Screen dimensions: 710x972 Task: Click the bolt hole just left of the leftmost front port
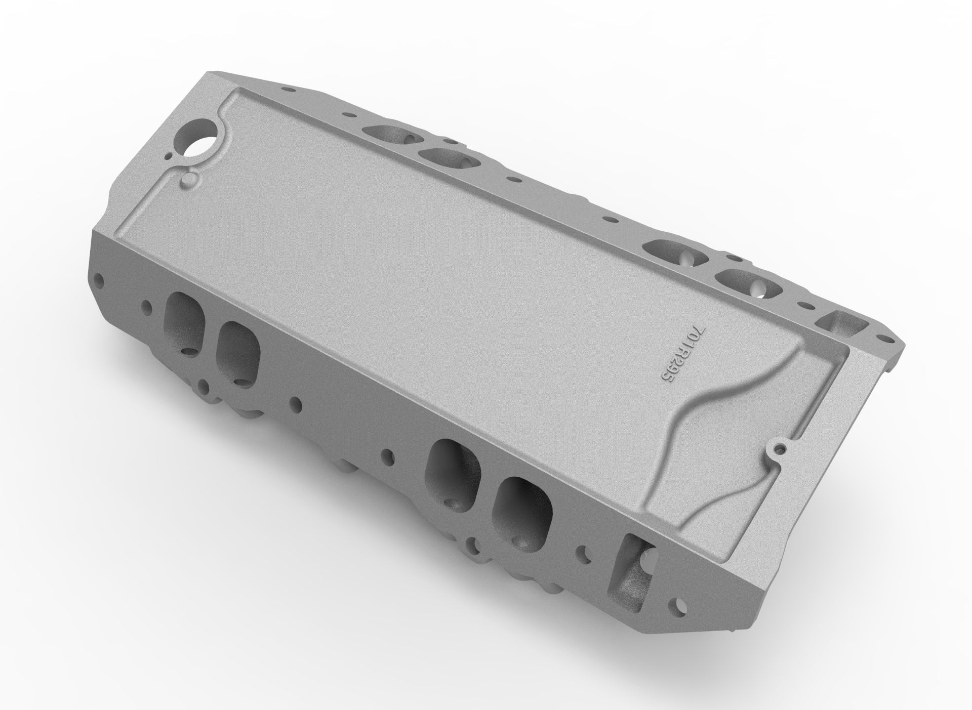pyautogui.click(x=147, y=305)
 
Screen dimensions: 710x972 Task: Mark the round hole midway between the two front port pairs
pyautogui.click(x=387, y=453)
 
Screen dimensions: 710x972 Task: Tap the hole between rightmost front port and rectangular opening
pyautogui.click(x=587, y=553)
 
